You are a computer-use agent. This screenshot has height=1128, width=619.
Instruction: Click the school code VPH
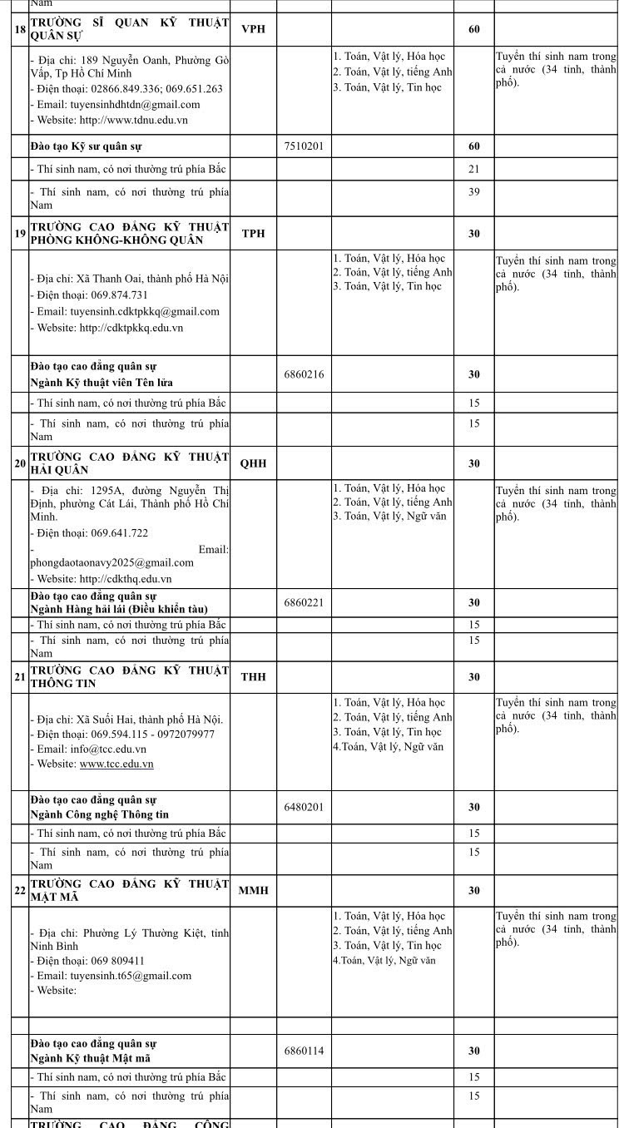click(253, 29)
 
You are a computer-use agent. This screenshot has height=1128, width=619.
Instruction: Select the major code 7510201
click(304, 146)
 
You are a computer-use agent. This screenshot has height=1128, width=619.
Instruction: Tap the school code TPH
click(253, 234)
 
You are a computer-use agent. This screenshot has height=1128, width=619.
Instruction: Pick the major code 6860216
click(304, 374)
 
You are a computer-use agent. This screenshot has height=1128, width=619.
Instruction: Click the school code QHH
click(253, 463)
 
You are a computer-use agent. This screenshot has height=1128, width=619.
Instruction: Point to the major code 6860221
click(304, 602)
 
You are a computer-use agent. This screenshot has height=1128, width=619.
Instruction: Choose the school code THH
click(253, 677)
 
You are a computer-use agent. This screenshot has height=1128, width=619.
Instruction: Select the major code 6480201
click(304, 807)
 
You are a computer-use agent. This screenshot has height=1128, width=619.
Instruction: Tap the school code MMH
click(253, 890)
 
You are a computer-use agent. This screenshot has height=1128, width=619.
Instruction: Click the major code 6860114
click(304, 1051)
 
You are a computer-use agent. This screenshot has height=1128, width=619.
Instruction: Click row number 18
click(20, 29)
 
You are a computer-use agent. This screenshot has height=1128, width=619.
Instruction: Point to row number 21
click(20, 677)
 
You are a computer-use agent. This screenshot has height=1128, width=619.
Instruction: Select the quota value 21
click(473, 169)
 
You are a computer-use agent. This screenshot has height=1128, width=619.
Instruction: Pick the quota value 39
click(473, 191)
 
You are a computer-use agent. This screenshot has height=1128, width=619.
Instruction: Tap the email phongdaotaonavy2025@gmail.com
click(111, 562)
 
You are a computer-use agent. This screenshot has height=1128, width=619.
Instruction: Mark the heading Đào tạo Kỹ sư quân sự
click(86, 146)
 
